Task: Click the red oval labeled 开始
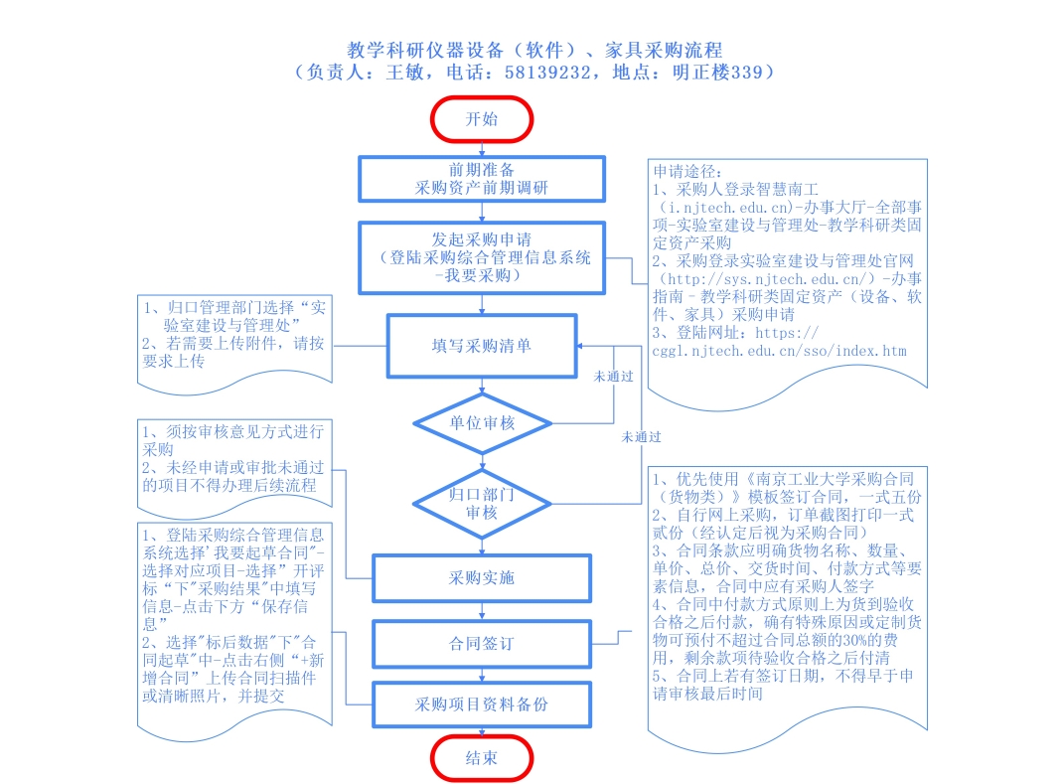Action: [x=482, y=119]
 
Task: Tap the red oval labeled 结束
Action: [x=482, y=757]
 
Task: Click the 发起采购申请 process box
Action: [x=482, y=257]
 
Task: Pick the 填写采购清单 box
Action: [x=482, y=346]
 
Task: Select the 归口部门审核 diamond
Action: [x=482, y=502]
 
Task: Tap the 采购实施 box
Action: [x=482, y=577]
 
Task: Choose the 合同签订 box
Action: [x=482, y=644]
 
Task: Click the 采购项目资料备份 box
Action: [x=482, y=705]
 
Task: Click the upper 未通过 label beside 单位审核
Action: [x=613, y=378]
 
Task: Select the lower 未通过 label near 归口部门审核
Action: [x=642, y=436]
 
